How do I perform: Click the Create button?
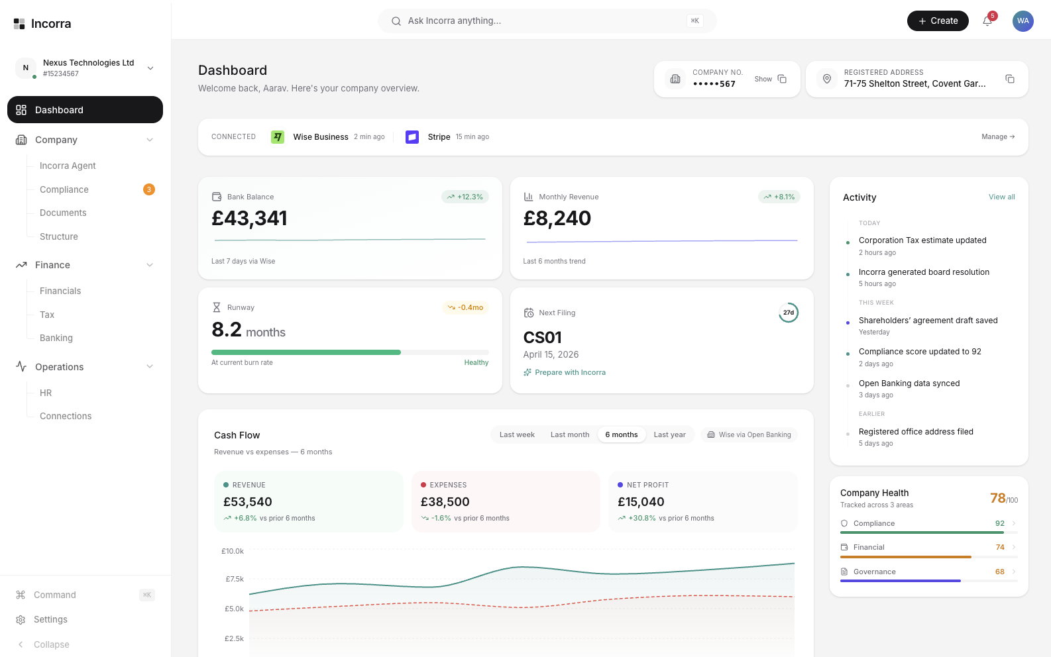(937, 21)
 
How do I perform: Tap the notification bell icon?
(987, 21)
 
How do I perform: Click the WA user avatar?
(1023, 21)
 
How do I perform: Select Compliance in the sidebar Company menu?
(64, 189)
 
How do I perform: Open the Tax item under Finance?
(47, 315)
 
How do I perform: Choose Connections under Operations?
(66, 416)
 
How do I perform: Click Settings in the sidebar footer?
(50, 619)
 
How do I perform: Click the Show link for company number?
(763, 79)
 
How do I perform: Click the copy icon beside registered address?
(1009, 79)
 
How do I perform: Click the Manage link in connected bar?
(997, 137)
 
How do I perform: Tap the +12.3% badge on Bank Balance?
(465, 197)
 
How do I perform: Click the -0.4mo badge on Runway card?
(465, 307)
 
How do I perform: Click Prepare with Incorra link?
(570, 372)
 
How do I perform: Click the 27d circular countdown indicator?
(788, 313)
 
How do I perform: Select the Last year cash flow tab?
(669, 435)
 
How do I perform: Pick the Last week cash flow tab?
(517, 435)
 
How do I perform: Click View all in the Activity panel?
(1001, 197)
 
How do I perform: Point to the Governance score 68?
(999, 572)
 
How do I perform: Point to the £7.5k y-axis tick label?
(235, 579)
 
